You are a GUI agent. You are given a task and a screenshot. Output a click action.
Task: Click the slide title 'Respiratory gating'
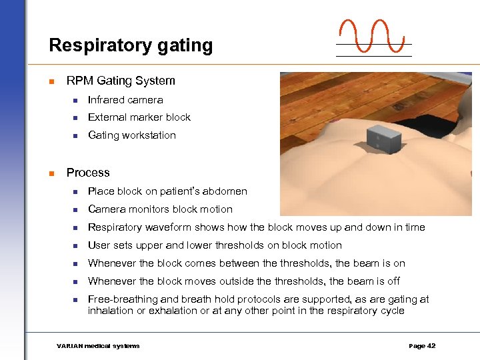pos(131,45)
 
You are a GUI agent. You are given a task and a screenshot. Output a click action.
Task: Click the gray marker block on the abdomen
pos(381,138)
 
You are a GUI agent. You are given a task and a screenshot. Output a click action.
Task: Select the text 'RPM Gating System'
pos(121,81)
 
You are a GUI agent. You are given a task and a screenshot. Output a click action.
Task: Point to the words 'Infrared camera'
pos(125,100)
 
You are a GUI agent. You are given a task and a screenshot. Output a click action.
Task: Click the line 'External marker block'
pos(139,117)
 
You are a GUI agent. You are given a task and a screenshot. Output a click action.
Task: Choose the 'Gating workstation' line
pos(132,135)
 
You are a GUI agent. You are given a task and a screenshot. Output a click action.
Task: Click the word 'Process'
pos(88,173)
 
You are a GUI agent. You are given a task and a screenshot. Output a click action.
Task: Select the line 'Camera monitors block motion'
pos(160,209)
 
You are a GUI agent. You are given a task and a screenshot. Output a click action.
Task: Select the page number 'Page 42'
pos(422,346)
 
